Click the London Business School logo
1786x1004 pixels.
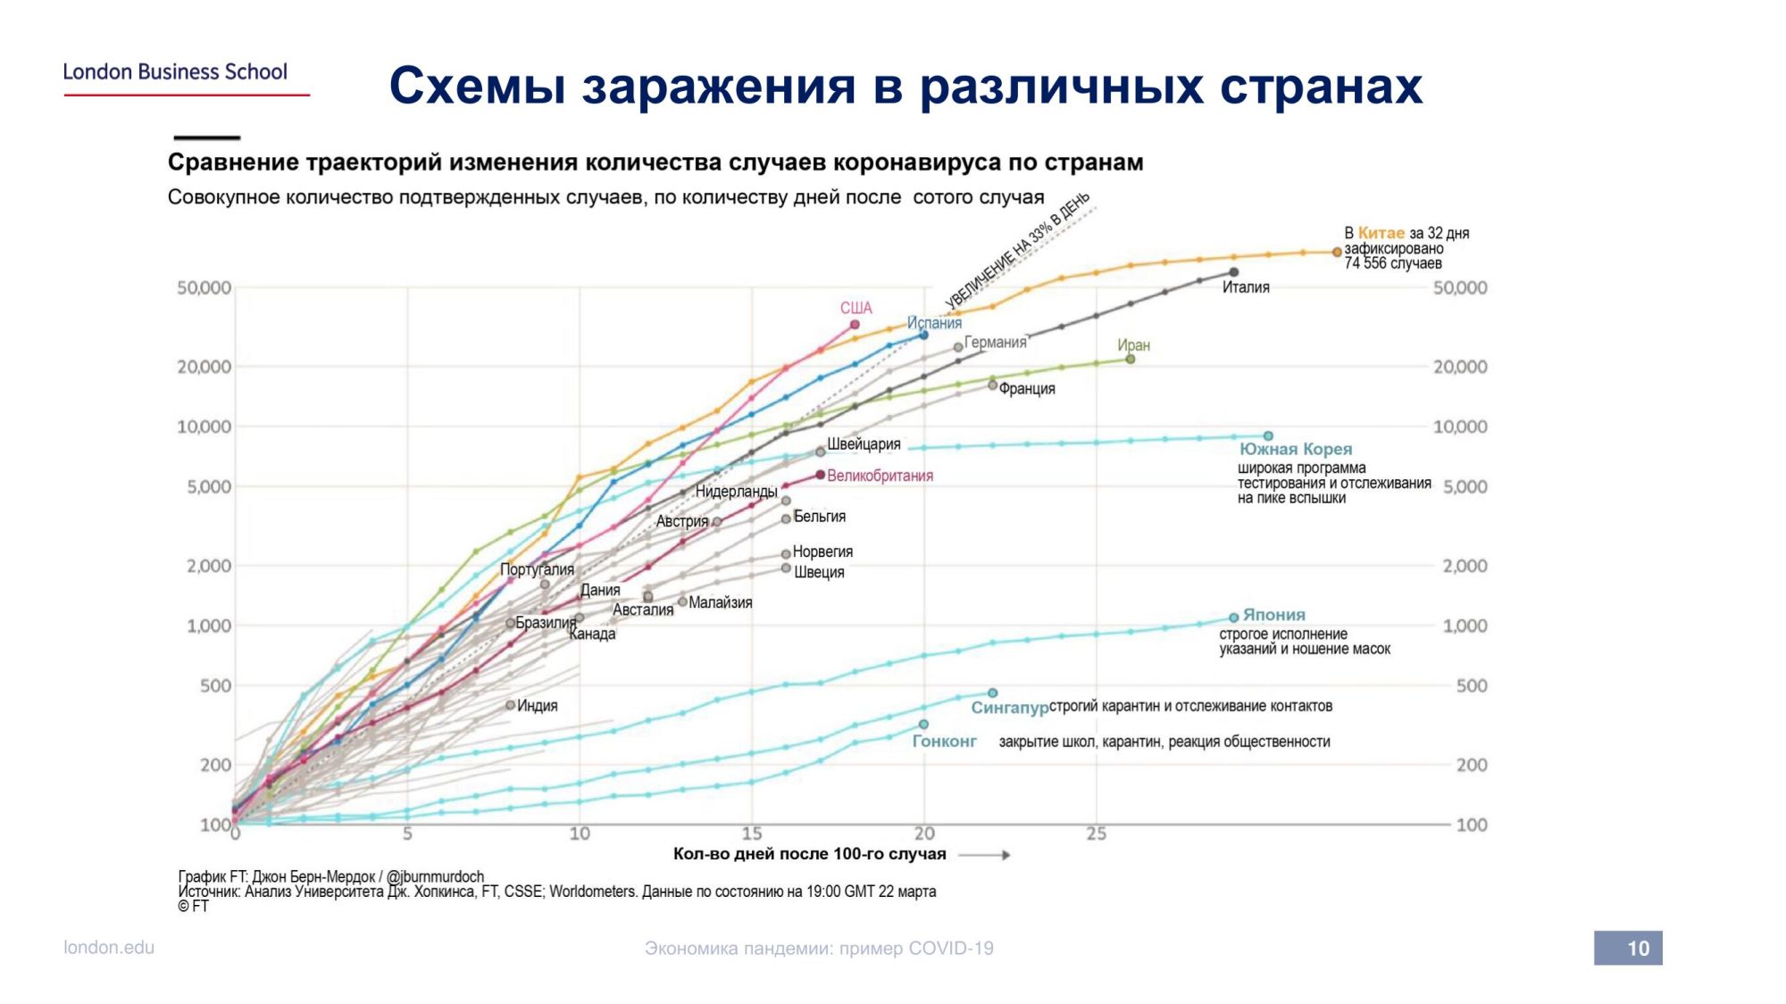[x=176, y=72]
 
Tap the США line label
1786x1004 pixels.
[x=855, y=308]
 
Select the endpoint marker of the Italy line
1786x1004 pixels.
[x=1233, y=272]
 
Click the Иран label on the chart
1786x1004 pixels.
[x=1133, y=345]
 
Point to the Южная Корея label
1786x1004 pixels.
[x=1295, y=449]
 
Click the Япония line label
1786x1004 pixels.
[x=1273, y=615]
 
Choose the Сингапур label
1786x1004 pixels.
[x=1009, y=708]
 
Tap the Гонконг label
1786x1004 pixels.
[x=944, y=742]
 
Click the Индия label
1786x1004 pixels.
[x=537, y=706]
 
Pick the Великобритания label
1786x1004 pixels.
[x=880, y=476]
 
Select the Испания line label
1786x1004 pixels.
[x=934, y=323]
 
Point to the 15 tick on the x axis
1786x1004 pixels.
[x=752, y=834]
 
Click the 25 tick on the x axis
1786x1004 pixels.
[x=1097, y=834]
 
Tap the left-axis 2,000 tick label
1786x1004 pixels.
[x=209, y=566]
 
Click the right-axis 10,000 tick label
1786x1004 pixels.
[x=1460, y=427]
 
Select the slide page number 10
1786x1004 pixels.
[x=1628, y=948]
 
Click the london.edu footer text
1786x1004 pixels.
[x=109, y=948]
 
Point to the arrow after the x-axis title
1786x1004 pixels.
[x=984, y=855]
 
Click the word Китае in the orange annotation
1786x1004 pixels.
[x=1381, y=233]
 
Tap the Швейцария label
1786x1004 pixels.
[x=863, y=444]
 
